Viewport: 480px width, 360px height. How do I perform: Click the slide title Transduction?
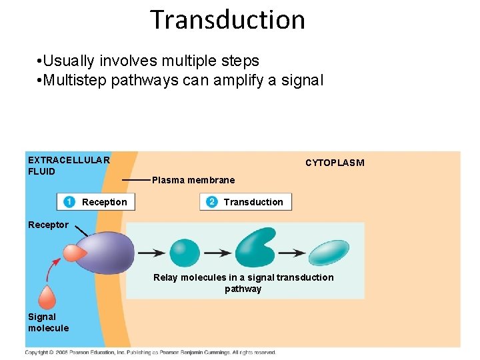point(227,20)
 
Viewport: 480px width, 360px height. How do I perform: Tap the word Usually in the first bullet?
point(70,61)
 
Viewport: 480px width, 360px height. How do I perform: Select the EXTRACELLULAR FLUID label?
point(68,165)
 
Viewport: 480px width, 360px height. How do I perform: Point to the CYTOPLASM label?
point(335,163)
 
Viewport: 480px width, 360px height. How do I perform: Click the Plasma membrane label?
point(193,180)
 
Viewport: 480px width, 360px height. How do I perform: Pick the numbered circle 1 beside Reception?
point(69,202)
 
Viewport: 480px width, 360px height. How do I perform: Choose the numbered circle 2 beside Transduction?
point(211,202)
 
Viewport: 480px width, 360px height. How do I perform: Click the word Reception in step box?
point(104,202)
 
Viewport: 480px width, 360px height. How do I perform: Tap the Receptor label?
point(48,225)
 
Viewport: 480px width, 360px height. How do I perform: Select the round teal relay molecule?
point(185,253)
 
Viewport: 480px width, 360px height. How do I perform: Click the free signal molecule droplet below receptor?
point(47,297)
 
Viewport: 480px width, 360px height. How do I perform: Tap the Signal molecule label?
point(48,322)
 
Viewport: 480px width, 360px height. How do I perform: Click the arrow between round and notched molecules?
point(217,253)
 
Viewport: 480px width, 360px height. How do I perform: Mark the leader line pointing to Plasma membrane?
point(136,180)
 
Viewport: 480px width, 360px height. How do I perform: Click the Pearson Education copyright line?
point(150,352)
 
